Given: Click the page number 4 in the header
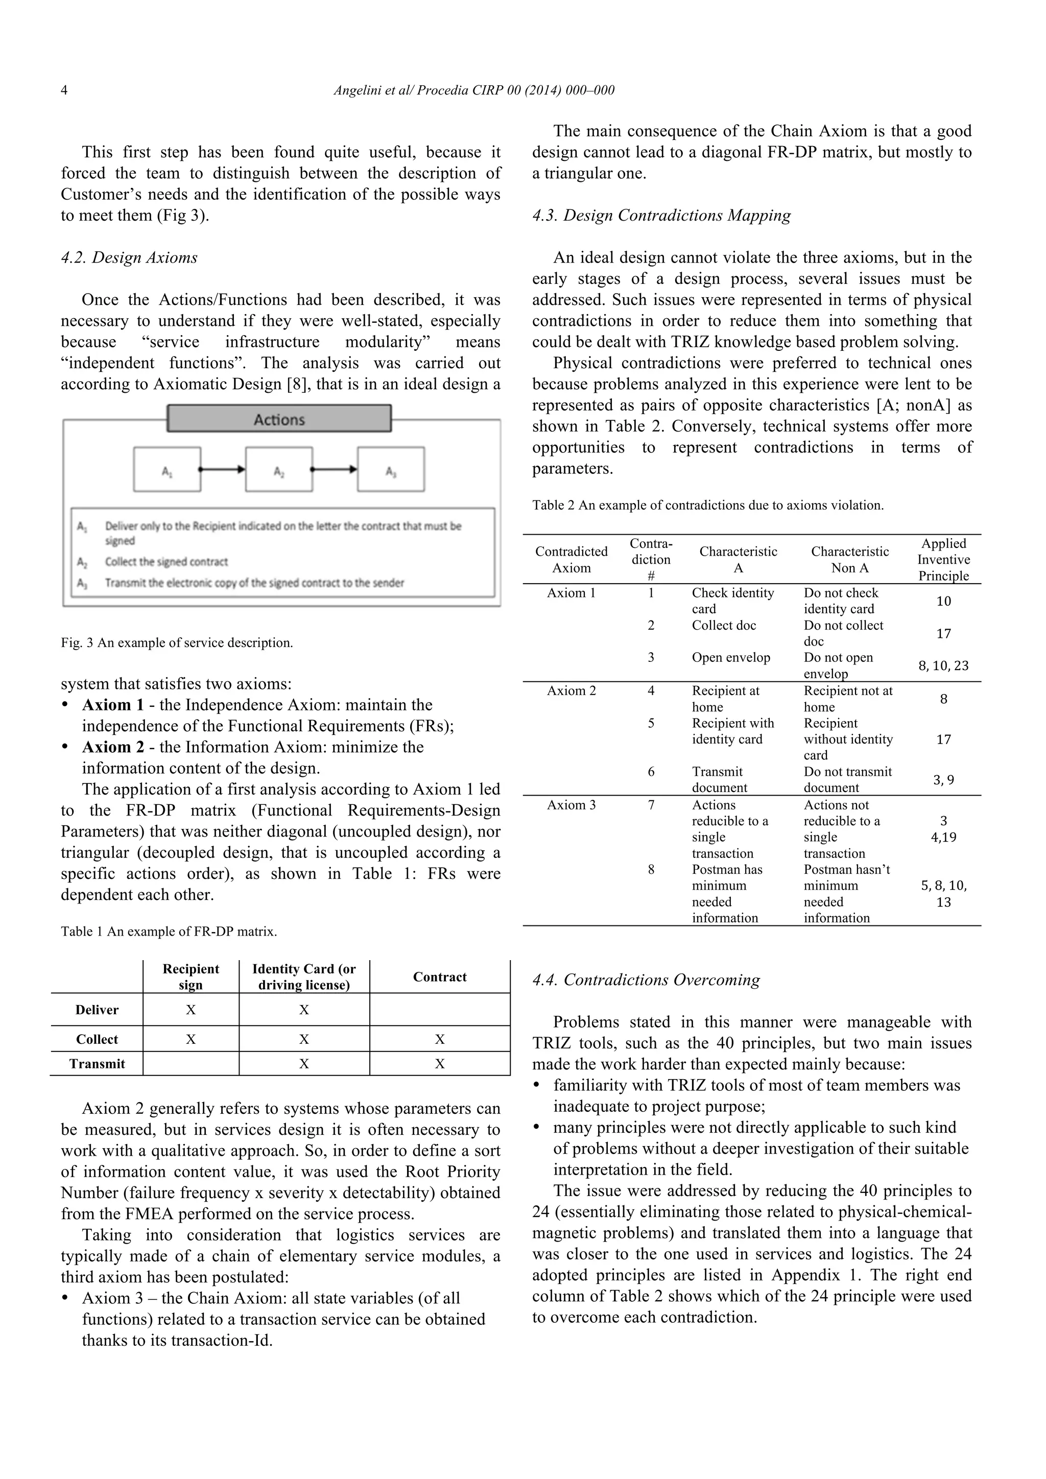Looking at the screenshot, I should [64, 90].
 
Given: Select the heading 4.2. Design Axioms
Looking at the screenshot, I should [129, 258].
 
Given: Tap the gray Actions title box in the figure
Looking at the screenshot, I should [279, 419].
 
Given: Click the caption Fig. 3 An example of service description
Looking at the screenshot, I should [177, 643].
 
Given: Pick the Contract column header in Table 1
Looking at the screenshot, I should [439, 977].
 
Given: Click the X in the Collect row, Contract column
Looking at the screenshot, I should [439, 1039].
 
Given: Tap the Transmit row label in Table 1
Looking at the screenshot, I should [97, 1064].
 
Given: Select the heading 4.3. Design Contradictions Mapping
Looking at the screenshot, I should [661, 216].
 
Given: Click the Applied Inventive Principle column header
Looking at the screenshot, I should [943, 559].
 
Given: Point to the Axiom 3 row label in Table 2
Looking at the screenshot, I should [572, 805].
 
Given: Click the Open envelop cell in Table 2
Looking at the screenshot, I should [730, 658].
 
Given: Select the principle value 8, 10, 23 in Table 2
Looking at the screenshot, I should [943, 666].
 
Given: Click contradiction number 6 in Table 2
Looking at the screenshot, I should [651, 772].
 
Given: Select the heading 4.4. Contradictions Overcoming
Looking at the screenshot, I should [646, 981].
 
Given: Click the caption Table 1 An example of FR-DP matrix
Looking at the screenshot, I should [169, 932].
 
